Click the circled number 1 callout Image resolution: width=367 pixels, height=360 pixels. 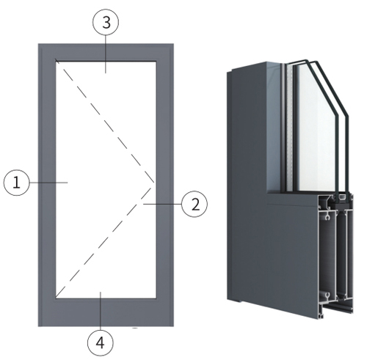pyautogui.click(x=16, y=183)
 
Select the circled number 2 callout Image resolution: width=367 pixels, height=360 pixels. pyautogui.click(x=195, y=204)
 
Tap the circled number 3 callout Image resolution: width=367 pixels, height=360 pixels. pyautogui.click(x=106, y=22)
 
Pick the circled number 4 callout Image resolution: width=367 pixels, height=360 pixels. pyautogui.click(x=101, y=343)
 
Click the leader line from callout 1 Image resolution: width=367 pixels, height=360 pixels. pyautogui.click(x=48, y=183)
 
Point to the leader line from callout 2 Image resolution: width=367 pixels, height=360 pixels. pyautogui.click(x=163, y=204)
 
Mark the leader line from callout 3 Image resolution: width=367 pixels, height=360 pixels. pyautogui.click(x=106, y=54)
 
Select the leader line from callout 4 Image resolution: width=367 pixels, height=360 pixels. pyautogui.click(x=101, y=311)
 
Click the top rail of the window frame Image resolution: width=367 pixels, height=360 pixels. pyautogui.click(x=106, y=52)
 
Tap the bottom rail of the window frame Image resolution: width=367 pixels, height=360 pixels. pyautogui.click(x=106, y=312)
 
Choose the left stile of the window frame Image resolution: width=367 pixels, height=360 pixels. pyautogui.click(x=47, y=185)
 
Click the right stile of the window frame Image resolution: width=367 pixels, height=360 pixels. pyautogui.click(x=165, y=185)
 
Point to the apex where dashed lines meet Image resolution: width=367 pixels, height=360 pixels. pyautogui.click(x=154, y=183)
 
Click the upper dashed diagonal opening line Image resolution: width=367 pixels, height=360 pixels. pyautogui.click(x=105, y=121)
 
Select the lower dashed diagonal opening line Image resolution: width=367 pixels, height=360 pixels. pyautogui.click(x=104, y=242)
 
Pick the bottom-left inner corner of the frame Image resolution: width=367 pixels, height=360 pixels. pyautogui.click(x=56, y=298)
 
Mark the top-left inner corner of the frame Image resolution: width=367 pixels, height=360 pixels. pyautogui.click(x=56, y=61)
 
